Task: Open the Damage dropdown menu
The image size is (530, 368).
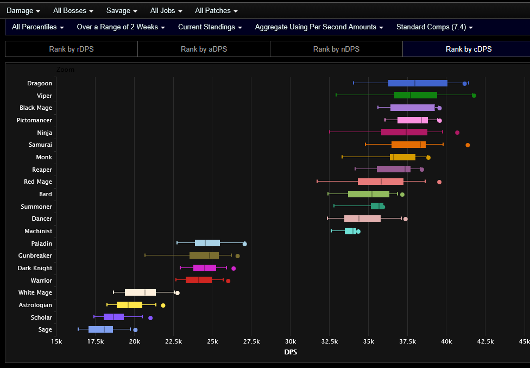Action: [x=23, y=10]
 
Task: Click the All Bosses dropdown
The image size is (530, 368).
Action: [x=73, y=10]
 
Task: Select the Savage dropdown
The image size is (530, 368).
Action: [x=121, y=10]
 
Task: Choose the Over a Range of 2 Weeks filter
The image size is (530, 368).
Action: [x=121, y=27]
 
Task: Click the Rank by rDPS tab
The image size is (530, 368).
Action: [x=71, y=49]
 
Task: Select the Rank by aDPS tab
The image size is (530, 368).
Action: [x=204, y=49]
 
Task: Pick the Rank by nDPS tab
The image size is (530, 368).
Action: [x=336, y=49]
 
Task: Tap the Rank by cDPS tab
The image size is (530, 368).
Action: [x=469, y=49]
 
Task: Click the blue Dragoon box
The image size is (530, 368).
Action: [x=418, y=83]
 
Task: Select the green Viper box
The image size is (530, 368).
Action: [x=415, y=95]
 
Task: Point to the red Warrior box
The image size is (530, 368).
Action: [x=199, y=280]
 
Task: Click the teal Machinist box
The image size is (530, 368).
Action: [x=350, y=231]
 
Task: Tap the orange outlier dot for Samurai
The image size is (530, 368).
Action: [x=468, y=145]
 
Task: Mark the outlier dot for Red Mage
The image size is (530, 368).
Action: [x=439, y=182]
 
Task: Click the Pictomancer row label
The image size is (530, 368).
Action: [x=34, y=120]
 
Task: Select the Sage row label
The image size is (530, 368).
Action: [x=45, y=329]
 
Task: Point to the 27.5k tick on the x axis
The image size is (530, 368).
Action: [x=251, y=341]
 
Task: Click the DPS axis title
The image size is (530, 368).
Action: [x=291, y=352]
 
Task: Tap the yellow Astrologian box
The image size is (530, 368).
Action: [x=129, y=305]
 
